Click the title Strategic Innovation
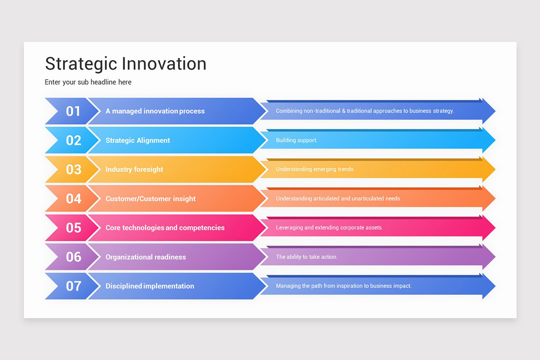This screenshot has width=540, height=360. pyautogui.click(x=126, y=64)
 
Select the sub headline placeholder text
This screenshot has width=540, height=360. pyautogui.click(x=88, y=82)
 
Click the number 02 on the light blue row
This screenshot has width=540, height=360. pyautogui.click(x=73, y=140)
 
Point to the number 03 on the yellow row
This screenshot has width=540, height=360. pyautogui.click(x=73, y=170)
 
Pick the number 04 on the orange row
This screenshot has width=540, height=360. pyautogui.click(x=73, y=198)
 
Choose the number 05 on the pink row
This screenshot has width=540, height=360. pyautogui.click(x=73, y=228)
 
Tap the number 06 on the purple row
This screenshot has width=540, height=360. pyautogui.click(x=73, y=257)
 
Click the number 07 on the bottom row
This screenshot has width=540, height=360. pyautogui.click(x=73, y=286)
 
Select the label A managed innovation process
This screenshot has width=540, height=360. pyautogui.click(x=155, y=111)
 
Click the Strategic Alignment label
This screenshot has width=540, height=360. pyautogui.click(x=138, y=140)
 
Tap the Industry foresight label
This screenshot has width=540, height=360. pyautogui.click(x=134, y=170)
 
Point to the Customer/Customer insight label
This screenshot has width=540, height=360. pyautogui.click(x=150, y=198)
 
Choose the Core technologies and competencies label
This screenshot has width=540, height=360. pyautogui.click(x=165, y=228)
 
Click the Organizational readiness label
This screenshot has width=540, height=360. pyautogui.click(x=145, y=257)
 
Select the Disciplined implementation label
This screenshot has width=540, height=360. pyautogui.click(x=150, y=286)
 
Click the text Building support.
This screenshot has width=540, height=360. pyautogui.click(x=297, y=140)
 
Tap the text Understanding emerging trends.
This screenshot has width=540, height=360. pyautogui.click(x=315, y=170)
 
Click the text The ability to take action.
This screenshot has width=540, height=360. pyautogui.click(x=306, y=257)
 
